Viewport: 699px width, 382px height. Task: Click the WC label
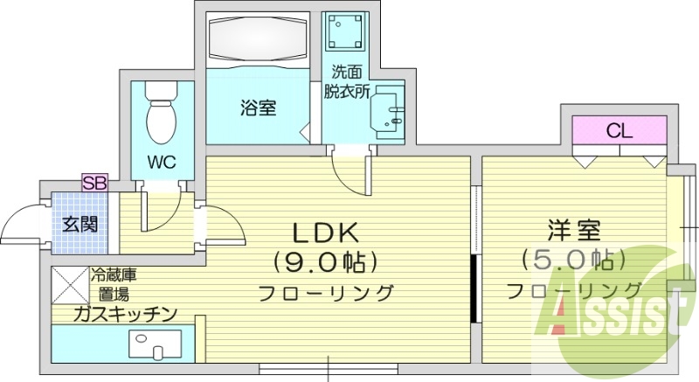pos(158,162)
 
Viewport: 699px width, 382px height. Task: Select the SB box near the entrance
pos(93,182)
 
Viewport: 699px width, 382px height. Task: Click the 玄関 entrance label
pos(80,222)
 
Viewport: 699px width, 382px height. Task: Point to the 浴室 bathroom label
pos(259,108)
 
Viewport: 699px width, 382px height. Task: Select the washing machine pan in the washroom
pos(343,32)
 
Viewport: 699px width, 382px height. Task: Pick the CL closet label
pos(619,132)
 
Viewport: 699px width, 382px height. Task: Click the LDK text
pos(325,233)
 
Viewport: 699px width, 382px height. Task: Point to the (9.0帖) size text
pos(325,261)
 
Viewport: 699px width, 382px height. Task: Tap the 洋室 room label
pos(574,232)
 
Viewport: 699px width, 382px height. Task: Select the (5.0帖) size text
pos(573,260)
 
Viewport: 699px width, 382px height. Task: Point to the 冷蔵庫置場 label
pos(114,284)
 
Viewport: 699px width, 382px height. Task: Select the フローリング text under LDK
pos(325,292)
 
